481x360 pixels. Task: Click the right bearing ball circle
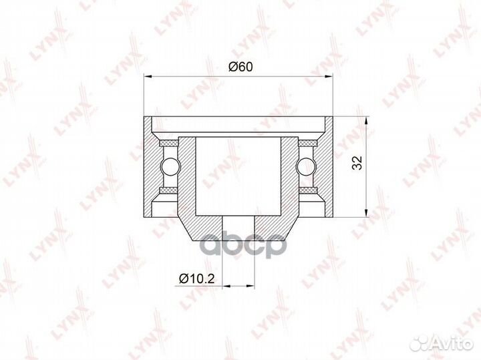coord(308,166)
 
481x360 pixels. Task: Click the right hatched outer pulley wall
coord(328,167)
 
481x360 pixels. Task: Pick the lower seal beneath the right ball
coord(308,191)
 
